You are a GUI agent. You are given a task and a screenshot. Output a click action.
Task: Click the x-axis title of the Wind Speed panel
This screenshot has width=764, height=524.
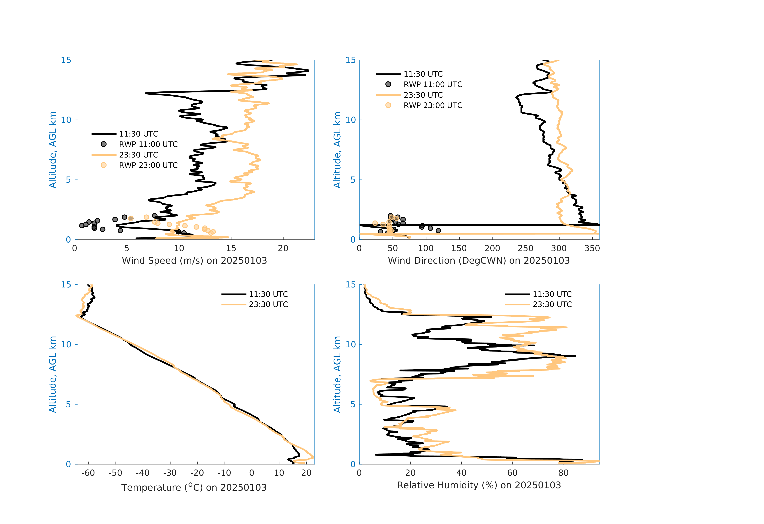[x=194, y=261]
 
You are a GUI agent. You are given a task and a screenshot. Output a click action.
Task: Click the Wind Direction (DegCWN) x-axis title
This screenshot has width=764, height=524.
[x=479, y=261]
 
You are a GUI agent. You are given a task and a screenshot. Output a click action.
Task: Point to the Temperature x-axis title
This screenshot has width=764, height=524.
[x=194, y=487]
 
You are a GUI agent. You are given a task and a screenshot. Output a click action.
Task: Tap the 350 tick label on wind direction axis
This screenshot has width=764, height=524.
[x=592, y=248]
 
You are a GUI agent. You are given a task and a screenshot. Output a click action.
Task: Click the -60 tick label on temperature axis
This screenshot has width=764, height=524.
[x=88, y=473]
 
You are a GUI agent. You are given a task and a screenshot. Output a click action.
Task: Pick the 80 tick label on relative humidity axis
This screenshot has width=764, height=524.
[x=563, y=473]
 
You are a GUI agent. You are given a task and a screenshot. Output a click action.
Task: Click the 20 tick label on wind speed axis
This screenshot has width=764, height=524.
[x=283, y=248]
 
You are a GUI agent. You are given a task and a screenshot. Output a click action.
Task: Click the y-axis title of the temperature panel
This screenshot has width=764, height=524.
[x=53, y=374]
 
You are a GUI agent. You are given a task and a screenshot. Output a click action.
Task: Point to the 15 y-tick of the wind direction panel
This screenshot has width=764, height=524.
[x=351, y=60]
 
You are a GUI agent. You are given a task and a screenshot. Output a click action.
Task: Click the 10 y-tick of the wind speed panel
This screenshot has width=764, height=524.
[x=66, y=120]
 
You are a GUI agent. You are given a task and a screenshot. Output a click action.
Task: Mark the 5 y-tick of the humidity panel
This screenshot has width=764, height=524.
[x=353, y=404]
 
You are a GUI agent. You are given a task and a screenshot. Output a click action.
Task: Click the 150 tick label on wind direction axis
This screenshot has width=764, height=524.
[x=459, y=248]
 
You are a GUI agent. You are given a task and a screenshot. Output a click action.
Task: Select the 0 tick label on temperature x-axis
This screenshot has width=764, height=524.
[x=252, y=473]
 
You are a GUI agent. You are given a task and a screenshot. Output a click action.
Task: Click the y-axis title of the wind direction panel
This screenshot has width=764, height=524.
[x=337, y=150]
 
